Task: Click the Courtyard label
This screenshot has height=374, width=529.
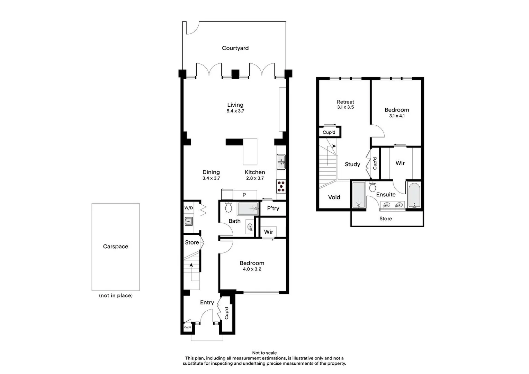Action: click(x=235, y=48)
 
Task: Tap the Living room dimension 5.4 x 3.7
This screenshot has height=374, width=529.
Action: click(x=235, y=111)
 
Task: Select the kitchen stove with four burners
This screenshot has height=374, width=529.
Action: click(x=281, y=186)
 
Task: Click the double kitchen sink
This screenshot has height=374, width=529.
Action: click(x=281, y=162)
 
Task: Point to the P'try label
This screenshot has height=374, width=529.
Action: click(x=273, y=208)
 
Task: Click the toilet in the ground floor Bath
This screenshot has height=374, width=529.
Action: click(x=228, y=207)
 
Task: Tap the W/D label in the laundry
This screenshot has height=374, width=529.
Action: click(x=189, y=208)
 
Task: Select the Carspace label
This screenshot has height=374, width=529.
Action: click(x=115, y=247)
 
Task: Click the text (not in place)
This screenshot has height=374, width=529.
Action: click(x=116, y=295)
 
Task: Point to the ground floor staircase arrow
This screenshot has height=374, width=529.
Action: click(x=191, y=266)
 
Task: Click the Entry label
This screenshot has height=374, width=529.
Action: click(x=207, y=302)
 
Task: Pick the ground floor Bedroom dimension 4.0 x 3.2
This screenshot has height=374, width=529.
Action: click(x=252, y=269)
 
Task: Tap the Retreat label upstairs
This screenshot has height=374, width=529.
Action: click(x=345, y=102)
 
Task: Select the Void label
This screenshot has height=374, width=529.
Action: click(x=334, y=197)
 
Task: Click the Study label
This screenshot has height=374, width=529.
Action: click(x=352, y=164)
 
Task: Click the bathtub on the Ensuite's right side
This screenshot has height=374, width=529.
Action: click(x=414, y=195)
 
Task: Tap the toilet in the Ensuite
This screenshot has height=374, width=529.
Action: click(x=373, y=187)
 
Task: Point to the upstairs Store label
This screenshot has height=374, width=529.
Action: click(x=385, y=219)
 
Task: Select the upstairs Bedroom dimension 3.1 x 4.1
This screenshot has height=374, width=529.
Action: click(x=397, y=116)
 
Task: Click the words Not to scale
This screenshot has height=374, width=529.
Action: click(x=264, y=353)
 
